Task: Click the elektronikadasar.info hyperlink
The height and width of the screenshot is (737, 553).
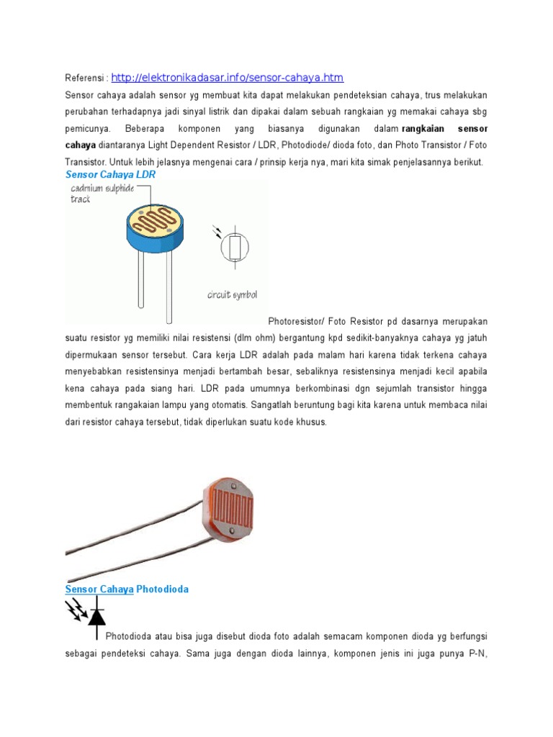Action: pos(228,78)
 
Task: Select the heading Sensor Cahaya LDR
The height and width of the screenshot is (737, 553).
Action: pos(110,175)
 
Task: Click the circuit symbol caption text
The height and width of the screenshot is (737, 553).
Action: pos(232,295)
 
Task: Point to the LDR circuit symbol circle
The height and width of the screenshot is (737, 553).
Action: pos(234,248)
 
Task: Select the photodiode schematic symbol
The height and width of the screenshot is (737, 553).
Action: pos(92,615)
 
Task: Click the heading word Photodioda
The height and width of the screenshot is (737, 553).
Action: pos(163,589)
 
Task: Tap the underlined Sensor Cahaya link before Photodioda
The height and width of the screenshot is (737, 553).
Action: pos(99,589)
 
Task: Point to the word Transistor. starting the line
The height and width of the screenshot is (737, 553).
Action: pos(88,162)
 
